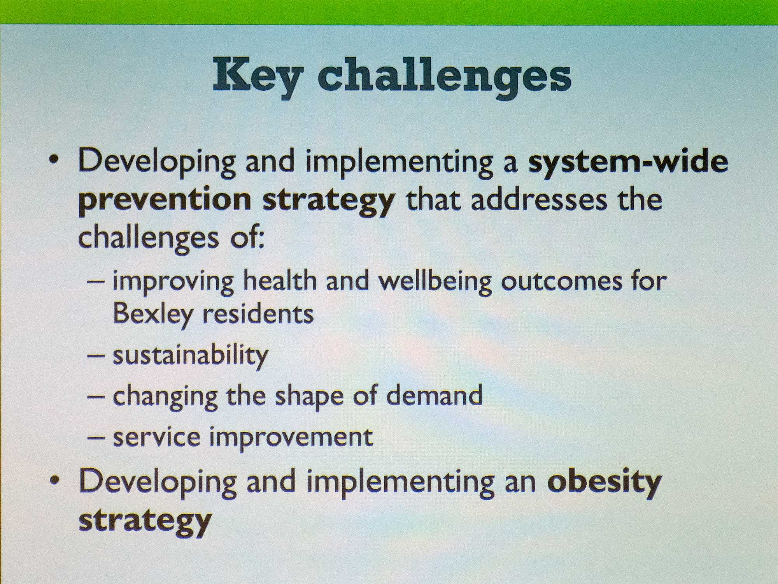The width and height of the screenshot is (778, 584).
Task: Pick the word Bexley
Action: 152,314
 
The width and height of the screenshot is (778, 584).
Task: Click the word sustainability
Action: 191,355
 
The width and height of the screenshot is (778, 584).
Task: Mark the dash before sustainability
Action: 96,356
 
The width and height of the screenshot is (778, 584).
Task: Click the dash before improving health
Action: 96,281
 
